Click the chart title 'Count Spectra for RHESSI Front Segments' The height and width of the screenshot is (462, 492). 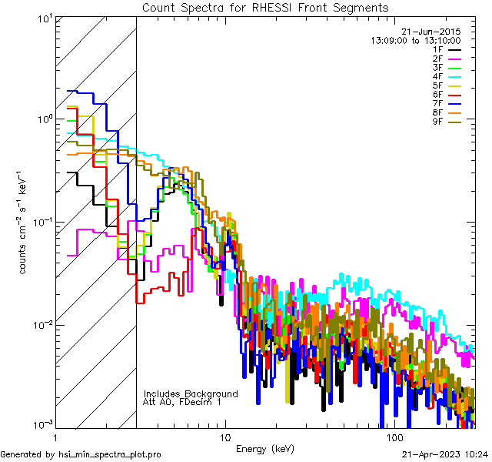[265, 7]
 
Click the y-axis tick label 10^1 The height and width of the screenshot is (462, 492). [44, 18]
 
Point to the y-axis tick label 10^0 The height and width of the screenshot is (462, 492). [44, 119]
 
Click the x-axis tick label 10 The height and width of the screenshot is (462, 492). [224, 437]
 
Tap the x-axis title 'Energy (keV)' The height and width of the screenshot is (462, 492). [265, 448]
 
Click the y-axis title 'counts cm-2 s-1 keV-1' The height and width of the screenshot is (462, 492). [25, 223]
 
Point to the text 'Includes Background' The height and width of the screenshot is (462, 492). [191, 393]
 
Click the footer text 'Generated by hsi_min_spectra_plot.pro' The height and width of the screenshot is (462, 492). [81, 455]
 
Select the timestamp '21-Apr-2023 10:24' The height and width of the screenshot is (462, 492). [445, 455]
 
